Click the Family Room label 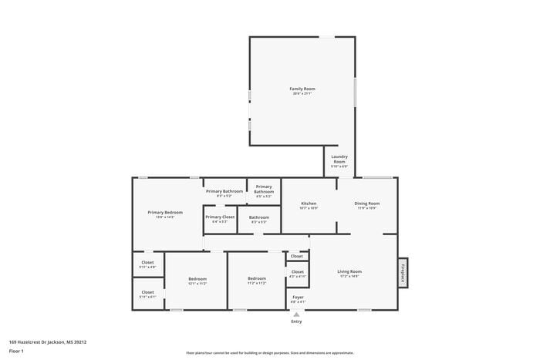[x=302, y=89]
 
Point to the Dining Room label [x=368, y=204]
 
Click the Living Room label [x=350, y=271]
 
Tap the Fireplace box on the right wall [x=402, y=271]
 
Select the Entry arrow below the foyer [x=297, y=315]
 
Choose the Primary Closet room [x=220, y=217]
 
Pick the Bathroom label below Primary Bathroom [x=259, y=217]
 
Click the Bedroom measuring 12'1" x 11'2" [x=197, y=278]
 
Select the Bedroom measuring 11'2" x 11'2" [x=257, y=278]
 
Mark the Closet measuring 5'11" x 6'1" [x=147, y=292]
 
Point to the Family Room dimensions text [x=302, y=94]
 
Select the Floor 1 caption [x=16, y=351]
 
